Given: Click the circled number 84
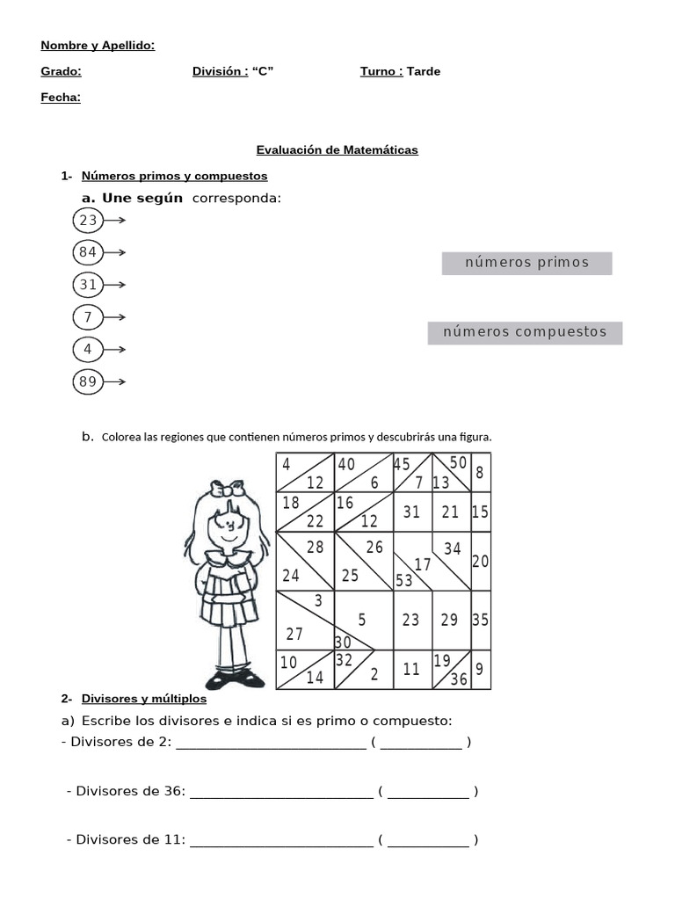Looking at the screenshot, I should (88, 253).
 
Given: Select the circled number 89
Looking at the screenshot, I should (88, 381).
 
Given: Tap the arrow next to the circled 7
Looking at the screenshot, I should (115, 317).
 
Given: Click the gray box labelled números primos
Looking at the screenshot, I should (526, 263).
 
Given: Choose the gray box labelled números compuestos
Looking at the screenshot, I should (525, 332).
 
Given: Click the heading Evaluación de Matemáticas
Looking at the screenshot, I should (337, 150).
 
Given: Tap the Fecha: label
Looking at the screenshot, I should (61, 98).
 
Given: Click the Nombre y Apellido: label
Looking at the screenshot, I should (98, 45).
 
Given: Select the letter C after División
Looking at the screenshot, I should (263, 71).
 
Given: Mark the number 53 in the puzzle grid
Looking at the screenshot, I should (404, 580).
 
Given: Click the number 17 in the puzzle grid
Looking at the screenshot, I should (423, 564).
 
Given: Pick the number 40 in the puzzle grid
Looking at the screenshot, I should (346, 464).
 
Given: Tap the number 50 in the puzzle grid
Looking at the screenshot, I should (458, 462).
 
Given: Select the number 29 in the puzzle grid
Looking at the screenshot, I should (449, 620).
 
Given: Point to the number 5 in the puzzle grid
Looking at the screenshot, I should (362, 620).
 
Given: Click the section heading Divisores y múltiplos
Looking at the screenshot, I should (144, 699).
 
